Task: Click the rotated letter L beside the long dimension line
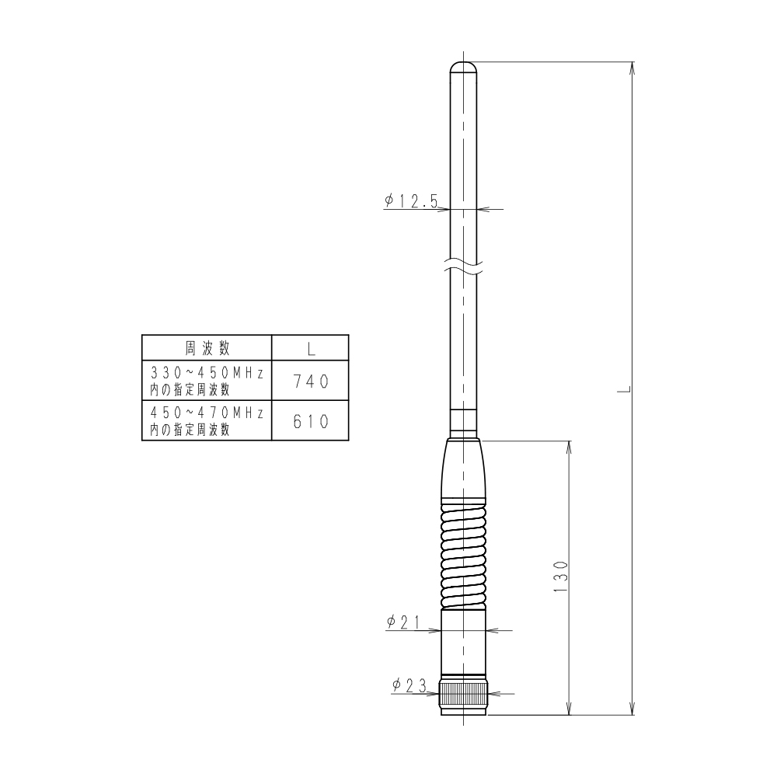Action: coord(624,388)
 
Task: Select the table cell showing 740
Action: coord(310,381)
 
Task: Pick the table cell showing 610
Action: coord(310,420)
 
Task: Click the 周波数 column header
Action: coord(207,347)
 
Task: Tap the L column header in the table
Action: coord(310,347)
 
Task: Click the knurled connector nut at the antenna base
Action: coord(463,694)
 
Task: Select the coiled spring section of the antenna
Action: coord(463,554)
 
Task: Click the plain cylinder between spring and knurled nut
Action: coord(463,641)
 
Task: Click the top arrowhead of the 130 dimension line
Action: coord(570,446)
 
